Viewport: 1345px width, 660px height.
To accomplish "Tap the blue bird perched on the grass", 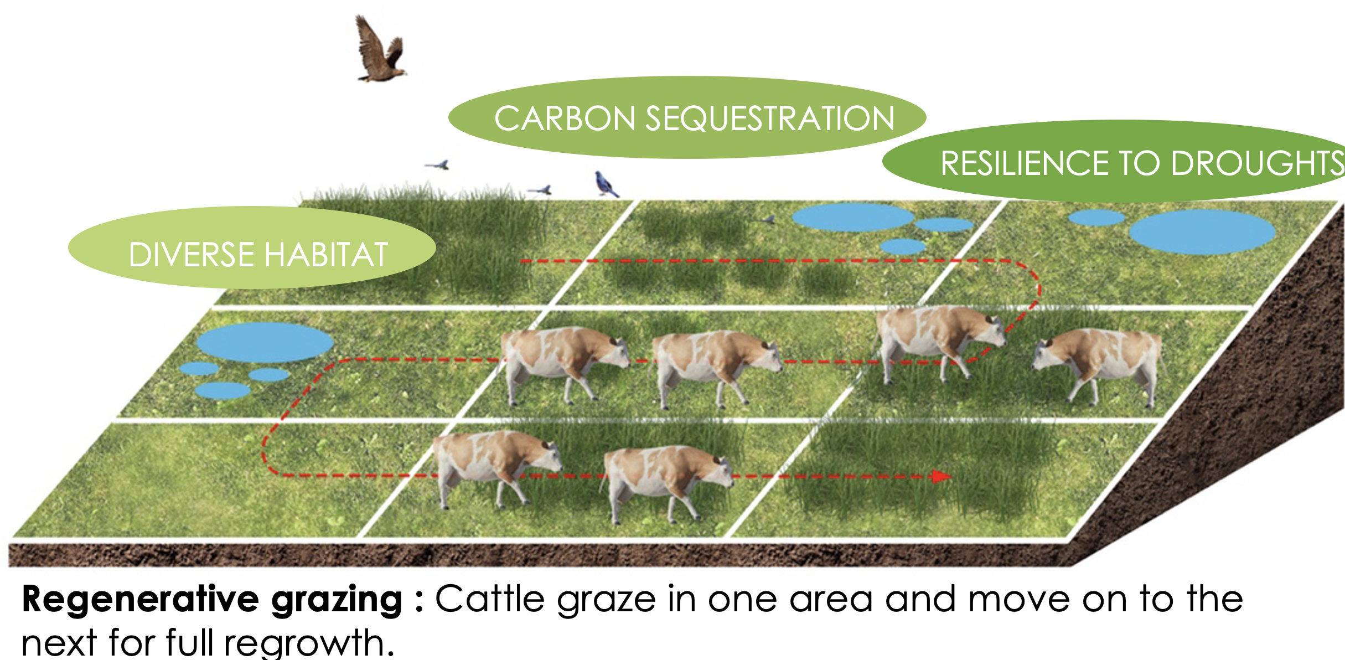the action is click(x=606, y=184).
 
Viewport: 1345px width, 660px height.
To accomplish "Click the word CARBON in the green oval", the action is click(x=565, y=118).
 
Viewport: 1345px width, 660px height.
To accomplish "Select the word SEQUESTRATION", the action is click(x=770, y=118).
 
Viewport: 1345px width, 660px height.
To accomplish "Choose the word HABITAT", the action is click(x=327, y=255).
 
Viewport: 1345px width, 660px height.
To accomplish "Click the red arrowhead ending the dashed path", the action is click(x=941, y=476).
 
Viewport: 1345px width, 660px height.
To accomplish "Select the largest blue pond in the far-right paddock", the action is click(x=1202, y=232).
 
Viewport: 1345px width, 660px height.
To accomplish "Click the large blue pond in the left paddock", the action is click(x=265, y=343).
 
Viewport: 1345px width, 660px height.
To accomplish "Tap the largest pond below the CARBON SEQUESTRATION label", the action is click(x=852, y=217).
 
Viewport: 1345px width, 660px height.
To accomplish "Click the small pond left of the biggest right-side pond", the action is click(x=1096, y=218).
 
